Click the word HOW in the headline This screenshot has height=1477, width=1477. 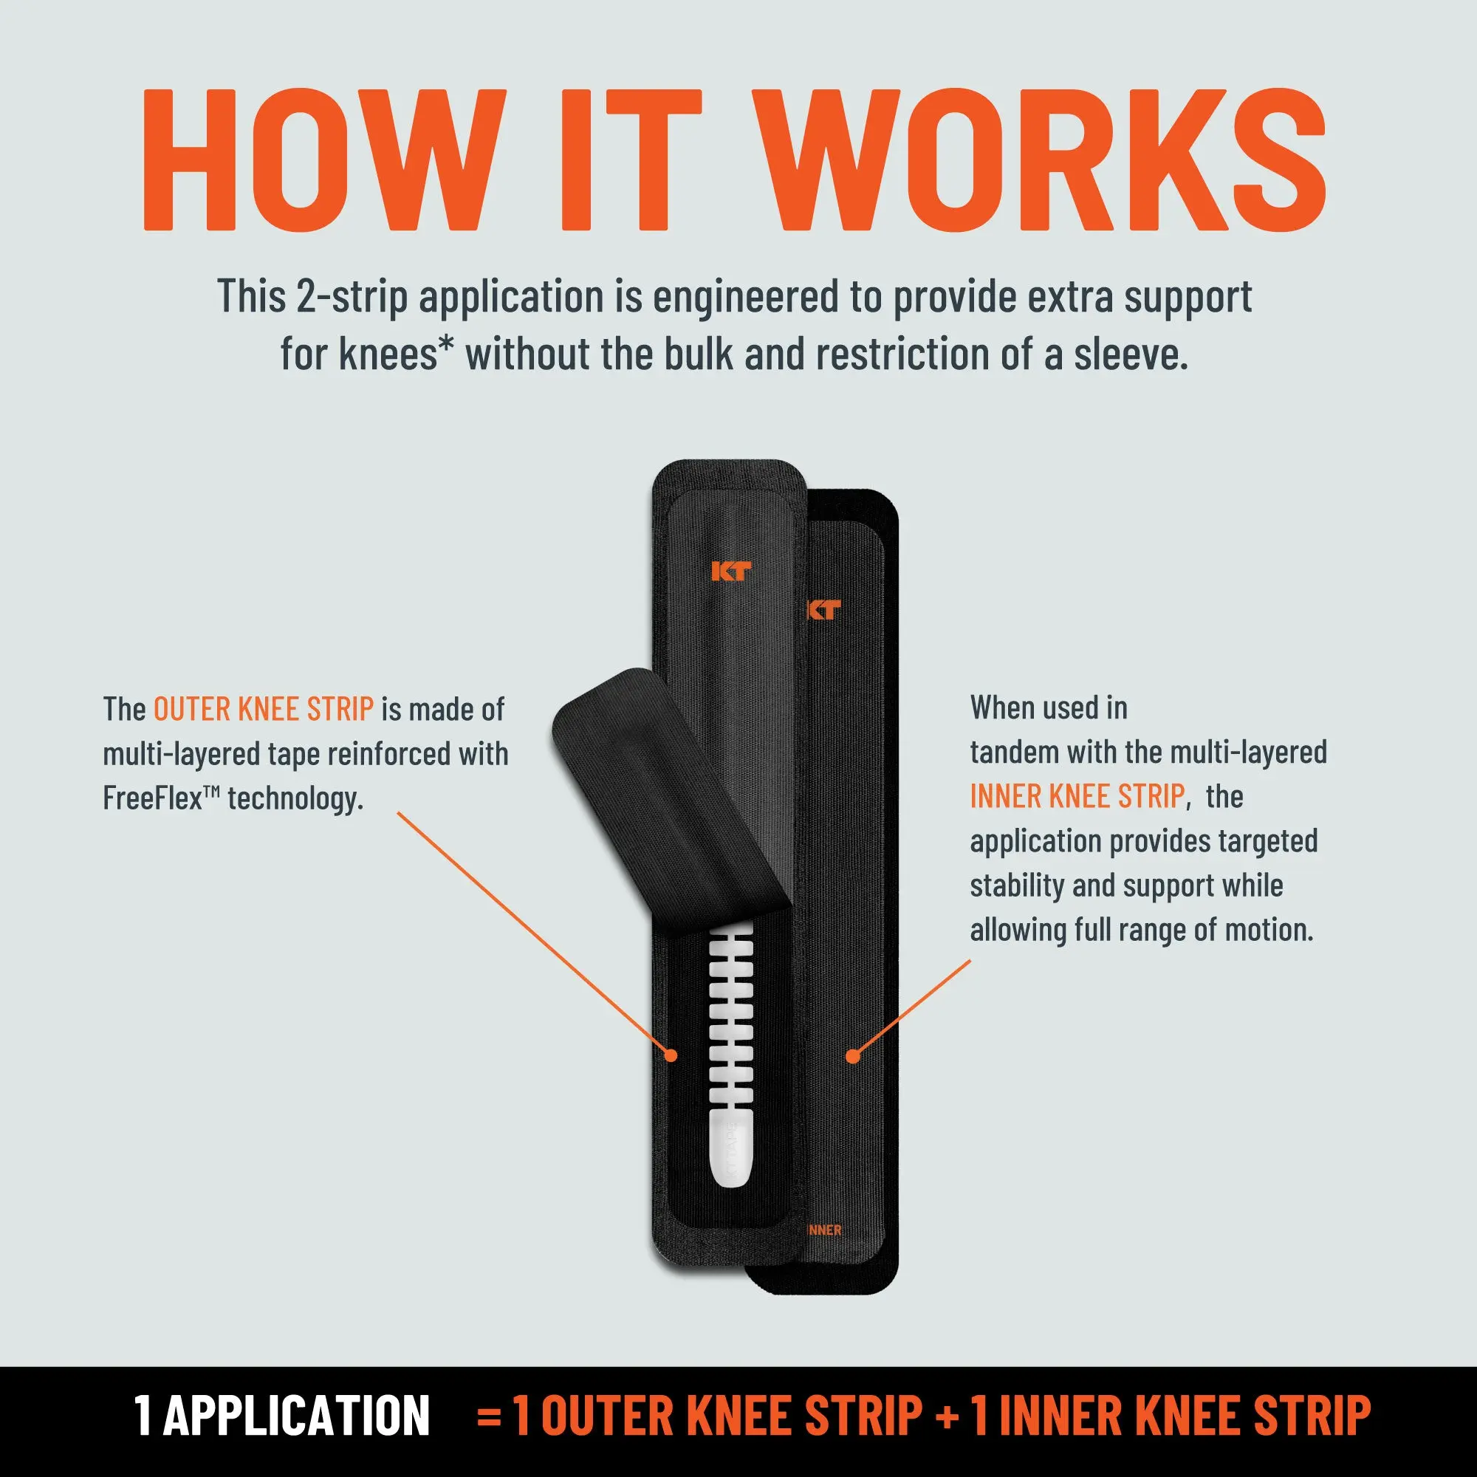323,160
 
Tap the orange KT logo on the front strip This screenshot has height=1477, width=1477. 731,571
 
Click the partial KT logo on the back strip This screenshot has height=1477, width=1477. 825,609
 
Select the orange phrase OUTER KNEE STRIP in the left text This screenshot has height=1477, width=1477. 264,710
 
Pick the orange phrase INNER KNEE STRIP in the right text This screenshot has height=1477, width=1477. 1077,797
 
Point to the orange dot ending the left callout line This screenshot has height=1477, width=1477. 671,1055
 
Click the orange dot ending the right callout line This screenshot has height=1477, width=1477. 853,1056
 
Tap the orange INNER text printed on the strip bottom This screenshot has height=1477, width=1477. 824,1230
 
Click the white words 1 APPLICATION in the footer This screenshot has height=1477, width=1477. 282,1415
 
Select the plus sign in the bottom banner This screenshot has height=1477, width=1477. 947,1416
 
